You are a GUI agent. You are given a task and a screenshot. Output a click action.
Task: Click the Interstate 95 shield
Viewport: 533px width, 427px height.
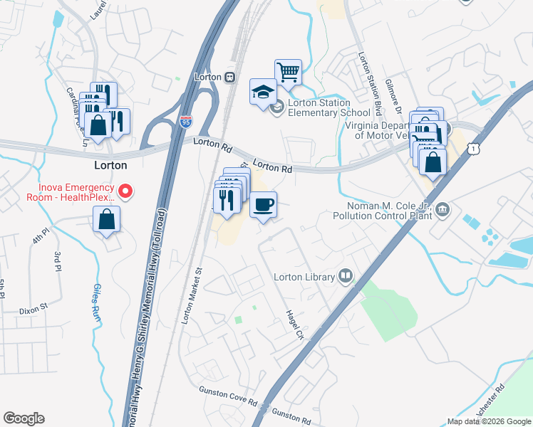(186, 122)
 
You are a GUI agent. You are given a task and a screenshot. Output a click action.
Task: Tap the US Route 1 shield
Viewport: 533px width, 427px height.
(473, 147)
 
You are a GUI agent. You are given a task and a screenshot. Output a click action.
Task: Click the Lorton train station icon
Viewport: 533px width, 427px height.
(229, 77)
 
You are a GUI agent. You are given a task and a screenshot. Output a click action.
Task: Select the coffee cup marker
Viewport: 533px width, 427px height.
(263, 206)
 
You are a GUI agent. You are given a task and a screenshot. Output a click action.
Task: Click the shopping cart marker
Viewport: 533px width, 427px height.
(288, 72)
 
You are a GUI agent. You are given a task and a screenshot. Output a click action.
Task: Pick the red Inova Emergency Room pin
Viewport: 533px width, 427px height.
(126, 191)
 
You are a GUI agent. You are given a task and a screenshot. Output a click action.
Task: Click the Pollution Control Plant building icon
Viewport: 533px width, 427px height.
(443, 209)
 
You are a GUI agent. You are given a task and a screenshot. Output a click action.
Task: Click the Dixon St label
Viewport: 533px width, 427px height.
(33, 310)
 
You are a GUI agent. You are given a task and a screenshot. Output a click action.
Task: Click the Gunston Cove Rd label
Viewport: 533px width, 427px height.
(227, 396)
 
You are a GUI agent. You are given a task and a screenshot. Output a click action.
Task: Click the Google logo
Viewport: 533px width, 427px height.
(24, 418)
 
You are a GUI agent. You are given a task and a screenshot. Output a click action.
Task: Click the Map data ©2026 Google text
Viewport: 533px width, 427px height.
(488, 421)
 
